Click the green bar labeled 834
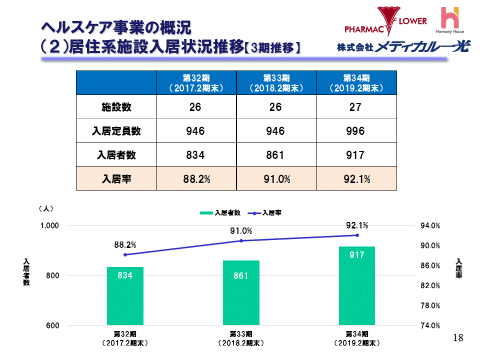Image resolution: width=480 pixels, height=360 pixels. point(125,296)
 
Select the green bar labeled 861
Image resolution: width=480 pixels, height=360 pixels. point(241,293)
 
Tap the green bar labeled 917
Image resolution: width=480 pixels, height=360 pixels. point(356,286)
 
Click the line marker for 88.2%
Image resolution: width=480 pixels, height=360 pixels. point(125,254)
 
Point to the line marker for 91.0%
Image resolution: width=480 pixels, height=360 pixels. point(241,240)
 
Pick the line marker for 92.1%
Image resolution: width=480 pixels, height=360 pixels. point(357,235)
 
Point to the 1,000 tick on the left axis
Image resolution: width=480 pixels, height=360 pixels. point(49,226)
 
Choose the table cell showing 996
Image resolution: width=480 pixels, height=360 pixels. point(356,131)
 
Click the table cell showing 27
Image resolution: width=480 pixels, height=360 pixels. point(356,107)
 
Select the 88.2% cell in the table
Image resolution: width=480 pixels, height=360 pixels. point(196,179)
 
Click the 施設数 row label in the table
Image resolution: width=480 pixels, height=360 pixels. point(116,107)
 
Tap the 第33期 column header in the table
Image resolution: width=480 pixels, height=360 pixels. point(276,82)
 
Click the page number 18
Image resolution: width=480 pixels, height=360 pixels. point(457,338)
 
